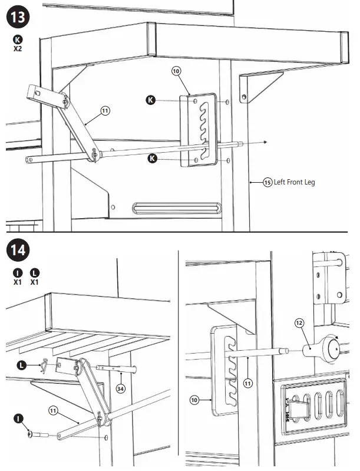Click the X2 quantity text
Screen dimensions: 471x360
(18, 49)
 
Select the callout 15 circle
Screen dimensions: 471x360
(267, 183)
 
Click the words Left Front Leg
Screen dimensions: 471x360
(295, 183)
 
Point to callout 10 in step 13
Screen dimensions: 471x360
(177, 71)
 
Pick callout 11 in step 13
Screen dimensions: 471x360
(105, 110)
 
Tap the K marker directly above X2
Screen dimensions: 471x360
(18, 39)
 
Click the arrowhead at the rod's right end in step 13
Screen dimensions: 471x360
(266, 142)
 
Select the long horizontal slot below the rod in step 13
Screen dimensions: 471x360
(177, 207)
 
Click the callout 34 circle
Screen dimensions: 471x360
(121, 388)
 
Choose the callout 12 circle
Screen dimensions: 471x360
(299, 322)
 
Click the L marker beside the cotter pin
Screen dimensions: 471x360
(22, 365)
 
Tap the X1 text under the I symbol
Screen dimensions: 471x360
(18, 282)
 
